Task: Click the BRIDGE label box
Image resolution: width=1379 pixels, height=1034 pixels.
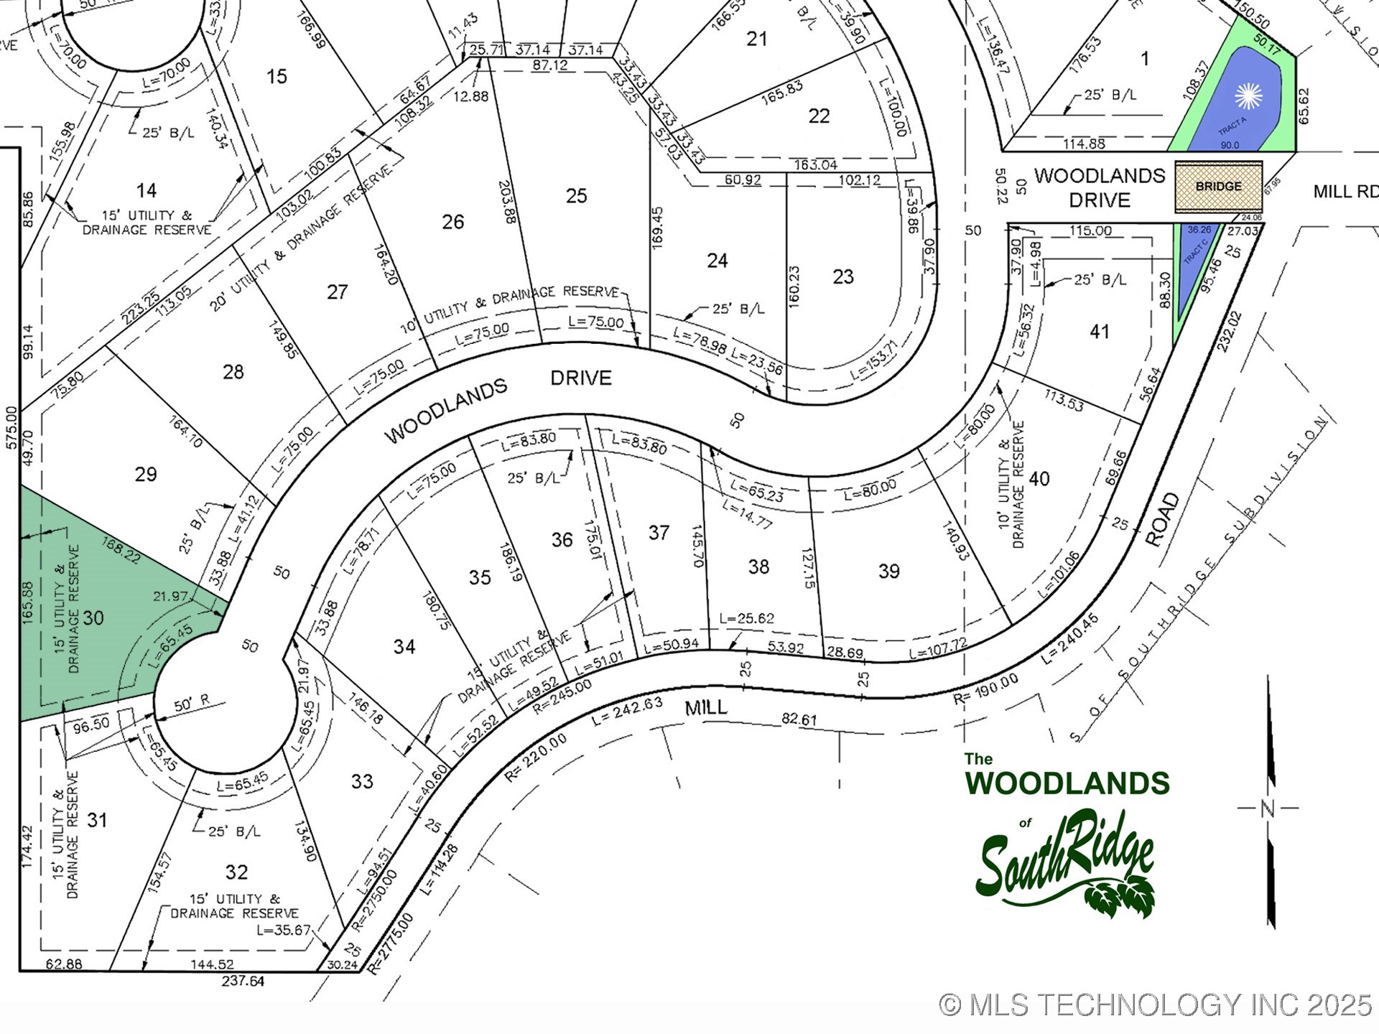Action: (x=1218, y=187)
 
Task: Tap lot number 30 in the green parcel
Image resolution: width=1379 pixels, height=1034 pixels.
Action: (x=93, y=618)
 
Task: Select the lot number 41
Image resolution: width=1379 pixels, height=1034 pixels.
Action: (x=1099, y=332)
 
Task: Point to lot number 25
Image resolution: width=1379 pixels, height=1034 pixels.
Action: (x=576, y=196)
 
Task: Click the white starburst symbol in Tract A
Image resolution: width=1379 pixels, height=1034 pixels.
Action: (x=1248, y=96)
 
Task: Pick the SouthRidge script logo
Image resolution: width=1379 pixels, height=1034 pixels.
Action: (x=1066, y=862)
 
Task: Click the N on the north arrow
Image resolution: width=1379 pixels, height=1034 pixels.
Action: (x=1268, y=809)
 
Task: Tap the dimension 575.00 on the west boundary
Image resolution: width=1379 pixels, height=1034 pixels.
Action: (x=11, y=428)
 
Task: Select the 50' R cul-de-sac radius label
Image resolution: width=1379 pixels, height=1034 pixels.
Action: (x=191, y=704)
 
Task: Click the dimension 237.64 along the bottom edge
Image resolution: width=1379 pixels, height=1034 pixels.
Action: (x=243, y=981)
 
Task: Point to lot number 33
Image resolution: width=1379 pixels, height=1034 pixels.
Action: (x=362, y=781)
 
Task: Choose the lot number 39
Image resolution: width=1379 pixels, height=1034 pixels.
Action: (x=888, y=572)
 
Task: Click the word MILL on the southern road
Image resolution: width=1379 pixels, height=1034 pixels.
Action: (x=706, y=708)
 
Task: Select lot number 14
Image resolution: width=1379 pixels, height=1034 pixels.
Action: (x=147, y=190)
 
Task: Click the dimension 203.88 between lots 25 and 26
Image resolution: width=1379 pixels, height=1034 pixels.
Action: (x=506, y=202)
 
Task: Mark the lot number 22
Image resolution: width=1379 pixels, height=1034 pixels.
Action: (x=819, y=116)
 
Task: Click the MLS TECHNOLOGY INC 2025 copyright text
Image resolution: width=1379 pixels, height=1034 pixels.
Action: (x=1156, y=1005)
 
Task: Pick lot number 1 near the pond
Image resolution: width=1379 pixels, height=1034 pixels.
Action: (x=1145, y=59)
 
